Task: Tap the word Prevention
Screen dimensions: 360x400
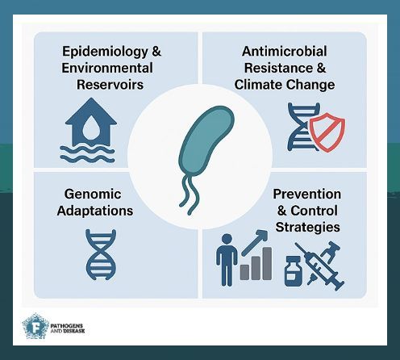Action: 306,195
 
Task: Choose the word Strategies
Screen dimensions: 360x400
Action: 306,227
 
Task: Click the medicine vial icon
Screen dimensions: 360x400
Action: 293,273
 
